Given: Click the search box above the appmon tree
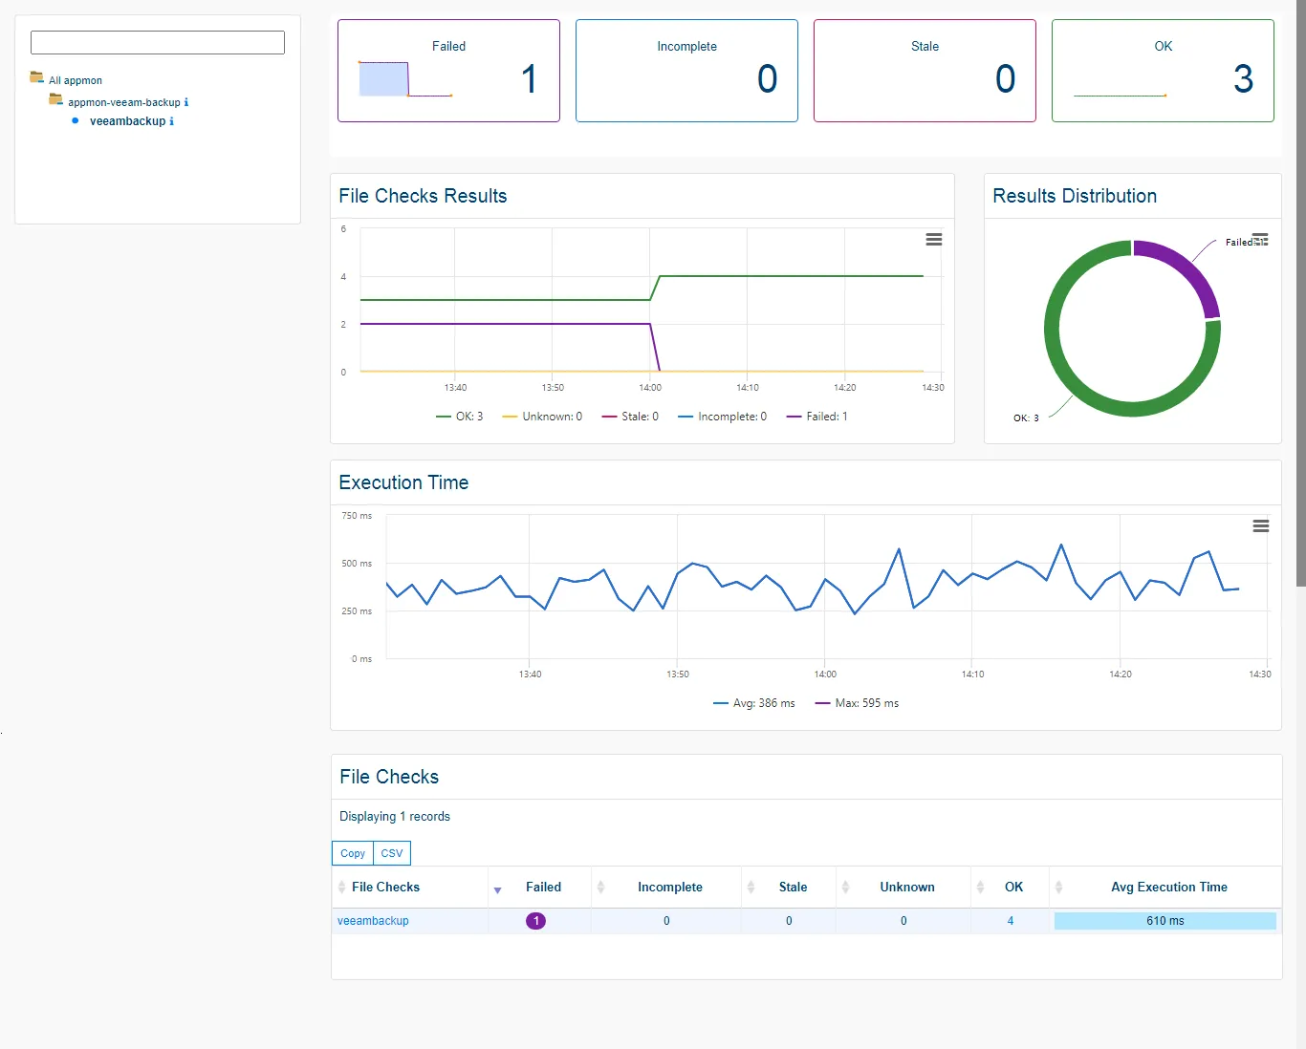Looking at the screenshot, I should (x=158, y=42).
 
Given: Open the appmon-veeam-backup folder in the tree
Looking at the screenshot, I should (x=123, y=102).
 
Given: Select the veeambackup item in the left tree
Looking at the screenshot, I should (x=127, y=121).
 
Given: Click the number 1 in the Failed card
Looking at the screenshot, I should (x=529, y=79).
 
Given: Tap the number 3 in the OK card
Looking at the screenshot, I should (x=1242, y=79).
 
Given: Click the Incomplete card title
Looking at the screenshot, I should (x=686, y=46).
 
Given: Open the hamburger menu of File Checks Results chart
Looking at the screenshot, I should (x=934, y=240).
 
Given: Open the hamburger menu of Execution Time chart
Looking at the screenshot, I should (x=1261, y=526).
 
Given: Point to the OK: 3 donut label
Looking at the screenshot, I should (x=1026, y=417).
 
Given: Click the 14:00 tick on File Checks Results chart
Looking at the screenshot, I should (x=650, y=388).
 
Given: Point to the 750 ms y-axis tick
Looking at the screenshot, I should (x=357, y=516).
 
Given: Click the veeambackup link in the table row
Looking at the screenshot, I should (x=373, y=921).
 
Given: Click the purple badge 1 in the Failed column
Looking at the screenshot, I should (x=535, y=921).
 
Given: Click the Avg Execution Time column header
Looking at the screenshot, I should (x=1168, y=888).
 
